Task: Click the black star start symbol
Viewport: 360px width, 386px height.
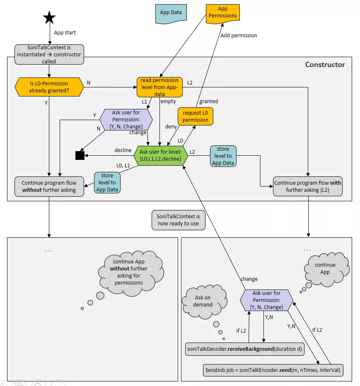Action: click(x=49, y=18)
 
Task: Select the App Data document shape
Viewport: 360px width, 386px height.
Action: click(x=171, y=12)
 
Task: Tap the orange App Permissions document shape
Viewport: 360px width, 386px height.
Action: click(x=222, y=12)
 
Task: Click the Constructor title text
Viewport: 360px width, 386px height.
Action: click(x=325, y=65)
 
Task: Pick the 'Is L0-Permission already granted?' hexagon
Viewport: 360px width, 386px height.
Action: click(x=49, y=87)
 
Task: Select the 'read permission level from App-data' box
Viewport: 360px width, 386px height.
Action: click(x=159, y=87)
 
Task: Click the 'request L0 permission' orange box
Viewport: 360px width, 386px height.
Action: click(x=196, y=116)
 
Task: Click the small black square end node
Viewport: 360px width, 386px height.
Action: click(x=80, y=155)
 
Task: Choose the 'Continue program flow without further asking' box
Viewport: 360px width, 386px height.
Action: click(x=49, y=186)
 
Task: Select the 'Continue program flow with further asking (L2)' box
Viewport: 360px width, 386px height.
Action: click(x=308, y=186)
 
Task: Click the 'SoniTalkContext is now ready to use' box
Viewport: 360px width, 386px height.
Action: click(x=178, y=220)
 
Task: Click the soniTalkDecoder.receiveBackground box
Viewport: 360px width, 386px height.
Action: click(x=245, y=349)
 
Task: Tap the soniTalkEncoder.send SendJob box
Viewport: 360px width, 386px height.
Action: click(x=273, y=369)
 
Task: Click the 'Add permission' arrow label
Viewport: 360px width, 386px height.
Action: click(x=239, y=36)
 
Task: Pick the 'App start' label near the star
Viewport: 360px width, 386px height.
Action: click(x=65, y=32)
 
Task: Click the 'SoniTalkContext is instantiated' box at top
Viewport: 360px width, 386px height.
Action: click(x=49, y=54)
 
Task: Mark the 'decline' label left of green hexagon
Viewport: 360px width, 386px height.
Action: click(x=123, y=150)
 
